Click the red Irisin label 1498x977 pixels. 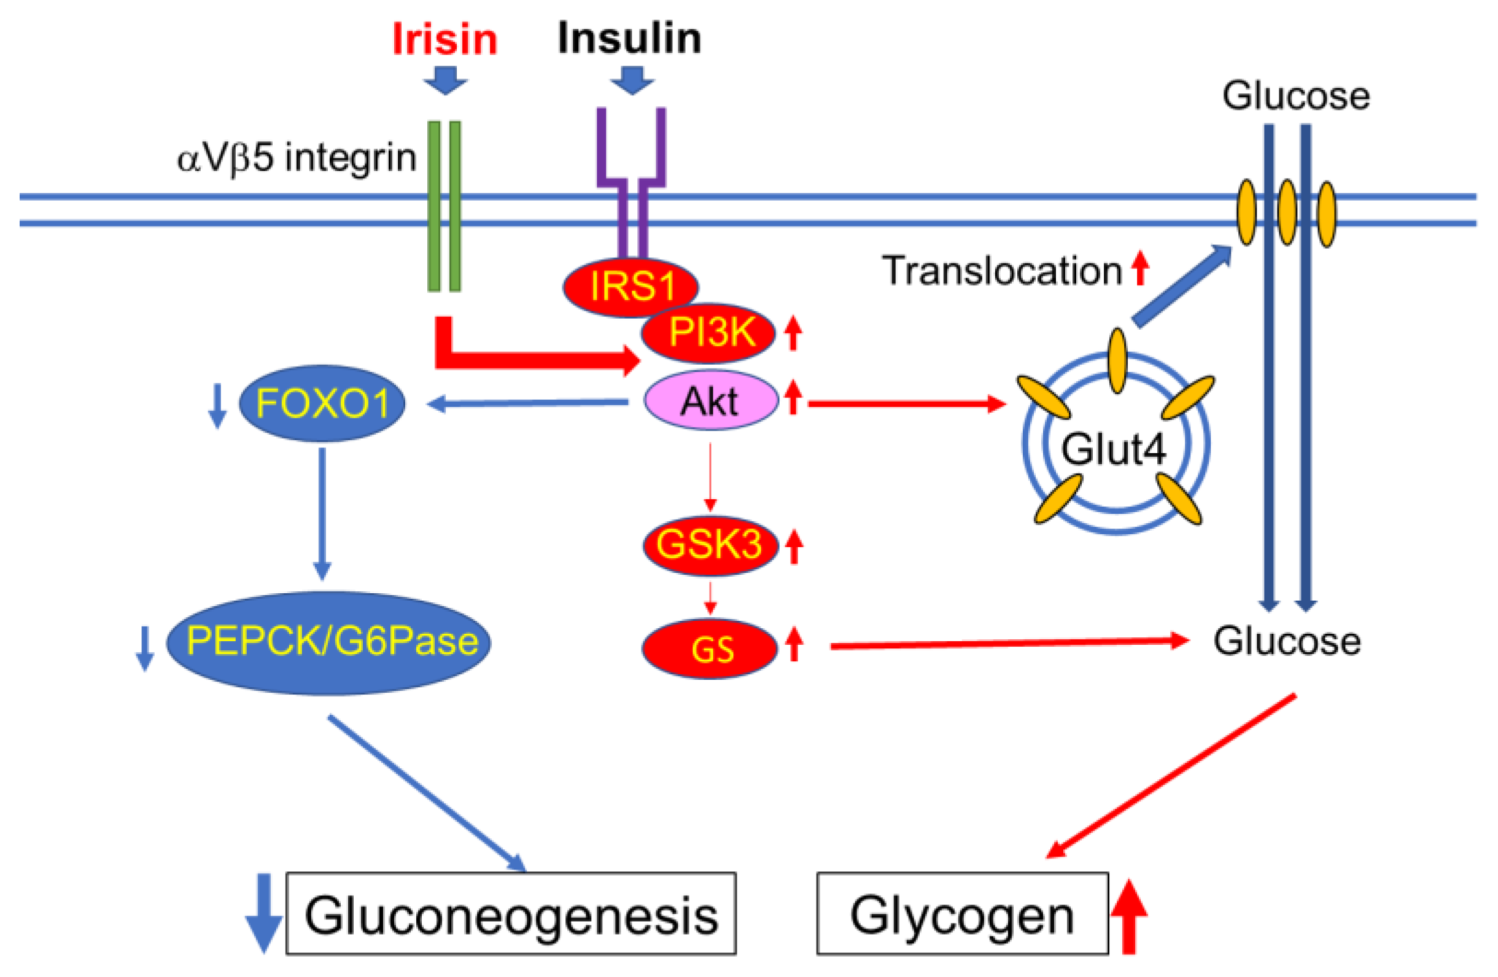click(x=444, y=39)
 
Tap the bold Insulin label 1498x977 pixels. click(x=629, y=38)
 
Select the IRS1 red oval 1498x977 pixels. click(x=630, y=286)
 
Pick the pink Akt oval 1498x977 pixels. click(x=710, y=401)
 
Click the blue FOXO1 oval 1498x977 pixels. click(x=322, y=403)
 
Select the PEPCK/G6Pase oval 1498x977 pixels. click(x=328, y=643)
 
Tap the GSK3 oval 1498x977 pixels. click(x=709, y=545)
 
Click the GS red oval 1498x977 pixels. click(x=710, y=648)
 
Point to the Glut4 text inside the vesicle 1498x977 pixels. click(x=1114, y=450)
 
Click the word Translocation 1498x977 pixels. click(x=1002, y=271)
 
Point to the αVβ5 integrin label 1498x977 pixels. click(x=296, y=157)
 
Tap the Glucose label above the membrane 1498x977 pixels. click(x=1295, y=96)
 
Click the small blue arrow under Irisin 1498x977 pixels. click(x=445, y=80)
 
